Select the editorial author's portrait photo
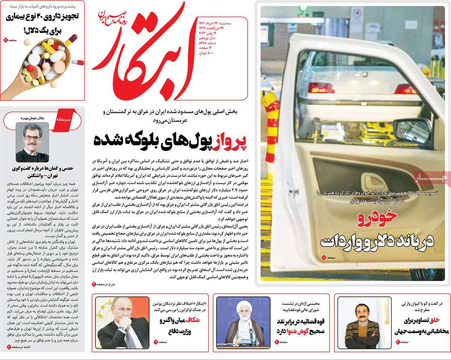tap(32, 142)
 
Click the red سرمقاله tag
tap(63, 119)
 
